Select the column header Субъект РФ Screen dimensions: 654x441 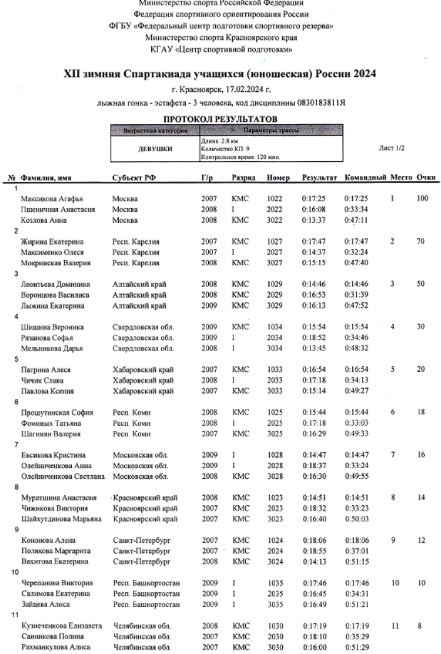[x=132, y=177]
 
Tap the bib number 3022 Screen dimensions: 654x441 [x=276, y=220]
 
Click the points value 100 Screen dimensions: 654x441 [x=422, y=199]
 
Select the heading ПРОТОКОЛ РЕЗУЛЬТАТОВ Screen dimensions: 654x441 [x=220, y=119]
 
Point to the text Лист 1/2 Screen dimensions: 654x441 [x=393, y=149]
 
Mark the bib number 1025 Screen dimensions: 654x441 [x=276, y=412]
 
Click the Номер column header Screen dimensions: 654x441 [x=278, y=177]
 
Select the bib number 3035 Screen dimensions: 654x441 [x=276, y=604]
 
